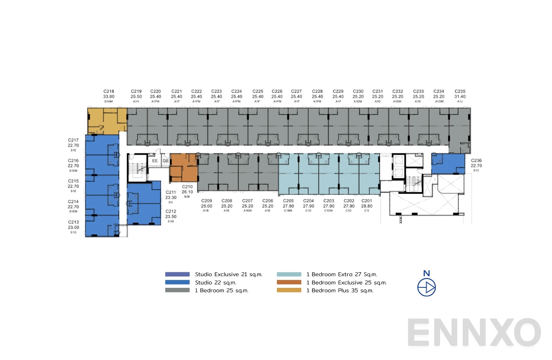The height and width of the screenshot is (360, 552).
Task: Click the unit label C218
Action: (109, 91)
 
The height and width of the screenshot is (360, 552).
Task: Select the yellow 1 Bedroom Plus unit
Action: (106, 120)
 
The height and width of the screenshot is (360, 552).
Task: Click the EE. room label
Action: (155, 160)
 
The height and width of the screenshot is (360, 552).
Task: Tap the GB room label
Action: (165, 160)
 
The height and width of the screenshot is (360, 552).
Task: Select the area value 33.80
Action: (109, 96)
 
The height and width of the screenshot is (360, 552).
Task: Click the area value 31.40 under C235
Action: (460, 96)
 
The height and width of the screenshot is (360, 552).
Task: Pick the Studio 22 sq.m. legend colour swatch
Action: (177, 282)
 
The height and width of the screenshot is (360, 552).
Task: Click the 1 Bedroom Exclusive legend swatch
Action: (289, 282)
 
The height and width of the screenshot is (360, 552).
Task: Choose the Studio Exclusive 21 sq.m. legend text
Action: (229, 274)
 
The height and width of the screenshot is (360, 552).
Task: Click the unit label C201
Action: (367, 201)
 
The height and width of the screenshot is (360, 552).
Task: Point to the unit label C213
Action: (73, 222)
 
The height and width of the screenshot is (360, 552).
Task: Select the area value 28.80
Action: (367, 206)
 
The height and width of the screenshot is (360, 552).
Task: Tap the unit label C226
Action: (277, 91)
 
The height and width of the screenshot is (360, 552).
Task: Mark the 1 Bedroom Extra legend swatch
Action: (289, 274)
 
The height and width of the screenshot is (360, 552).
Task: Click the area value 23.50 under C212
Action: (171, 217)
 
